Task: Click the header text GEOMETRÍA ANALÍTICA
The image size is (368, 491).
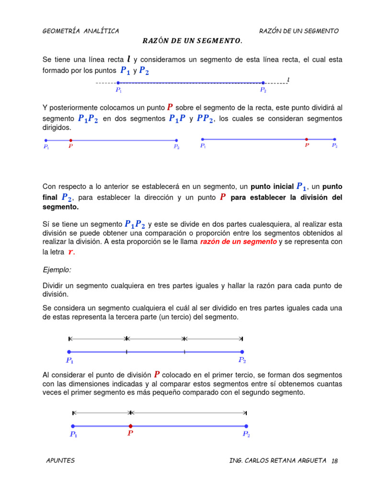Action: point(80,31)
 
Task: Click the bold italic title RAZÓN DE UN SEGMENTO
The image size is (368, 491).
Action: point(192,41)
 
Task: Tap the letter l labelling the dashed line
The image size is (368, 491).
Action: point(288,79)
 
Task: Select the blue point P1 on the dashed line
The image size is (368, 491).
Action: point(118,83)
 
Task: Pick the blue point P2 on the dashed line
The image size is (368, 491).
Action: point(263,83)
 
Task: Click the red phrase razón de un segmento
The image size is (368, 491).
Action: point(238,242)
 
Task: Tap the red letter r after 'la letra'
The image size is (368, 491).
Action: point(71,252)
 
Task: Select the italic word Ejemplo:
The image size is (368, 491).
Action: point(57,270)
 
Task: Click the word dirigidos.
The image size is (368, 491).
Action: point(57,128)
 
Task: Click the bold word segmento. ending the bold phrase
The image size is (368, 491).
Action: point(60,207)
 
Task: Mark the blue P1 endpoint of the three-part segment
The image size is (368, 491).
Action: point(69,351)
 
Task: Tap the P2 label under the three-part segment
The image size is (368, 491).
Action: point(242,360)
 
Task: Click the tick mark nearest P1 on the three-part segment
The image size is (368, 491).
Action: point(126,351)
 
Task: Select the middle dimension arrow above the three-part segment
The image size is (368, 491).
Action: point(155,339)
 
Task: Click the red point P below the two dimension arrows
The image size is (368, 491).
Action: point(130,426)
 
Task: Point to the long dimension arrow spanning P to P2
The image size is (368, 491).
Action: point(188,412)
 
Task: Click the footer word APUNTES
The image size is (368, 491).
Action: point(60,461)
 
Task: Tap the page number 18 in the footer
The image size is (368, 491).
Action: point(334,461)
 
